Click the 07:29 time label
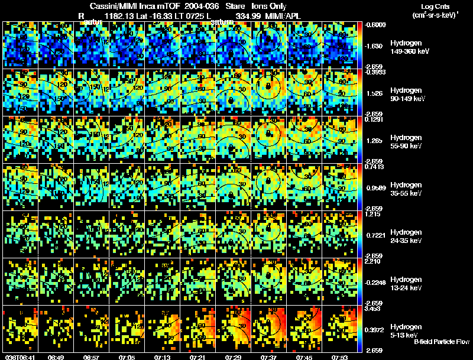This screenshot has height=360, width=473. [x=232, y=357]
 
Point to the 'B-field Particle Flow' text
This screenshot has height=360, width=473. [x=441, y=342]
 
